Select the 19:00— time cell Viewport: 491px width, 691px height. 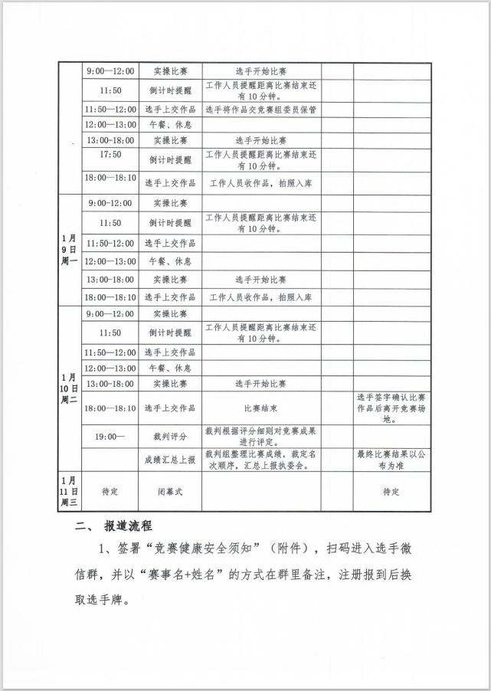[110, 436]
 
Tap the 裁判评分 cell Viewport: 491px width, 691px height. [170, 436]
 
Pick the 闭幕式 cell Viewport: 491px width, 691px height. [170, 492]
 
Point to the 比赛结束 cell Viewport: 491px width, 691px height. [261, 408]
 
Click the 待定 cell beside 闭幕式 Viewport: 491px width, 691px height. [110, 492]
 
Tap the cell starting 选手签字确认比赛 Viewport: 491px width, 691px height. [391, 408]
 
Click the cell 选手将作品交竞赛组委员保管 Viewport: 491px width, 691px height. [261, 110]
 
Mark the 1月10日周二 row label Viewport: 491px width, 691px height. [70, 388]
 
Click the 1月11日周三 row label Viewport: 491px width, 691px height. [70, 492]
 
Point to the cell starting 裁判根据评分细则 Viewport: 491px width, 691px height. [261, 436]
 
